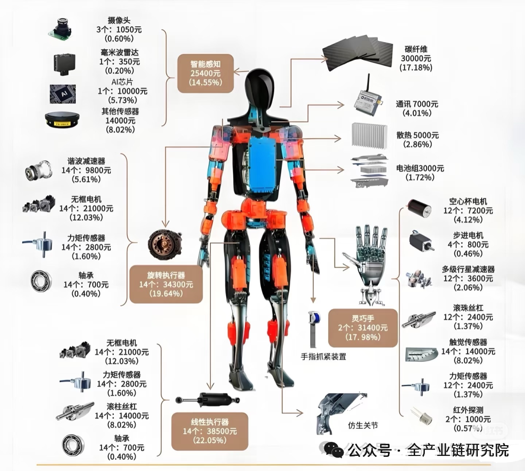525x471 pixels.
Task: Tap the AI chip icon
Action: (x=63, y=93)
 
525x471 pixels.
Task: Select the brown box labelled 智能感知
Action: (x=205, y=73)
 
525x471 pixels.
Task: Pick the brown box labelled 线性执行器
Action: (x=210, y=431)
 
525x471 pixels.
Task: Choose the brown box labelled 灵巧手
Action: (x=363, y=328)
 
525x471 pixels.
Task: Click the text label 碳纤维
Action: (x=416, y=49)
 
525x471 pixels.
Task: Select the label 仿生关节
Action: (x=363, y=425)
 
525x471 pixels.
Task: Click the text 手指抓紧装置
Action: (x=323, y=356)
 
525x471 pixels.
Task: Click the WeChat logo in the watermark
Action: (x=334, y=451)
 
